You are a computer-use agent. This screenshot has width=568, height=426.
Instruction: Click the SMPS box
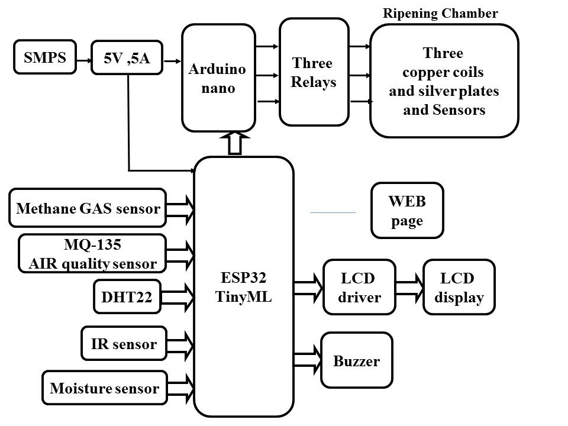(45, 57)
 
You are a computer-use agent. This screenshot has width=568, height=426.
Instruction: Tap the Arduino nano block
(219, 78)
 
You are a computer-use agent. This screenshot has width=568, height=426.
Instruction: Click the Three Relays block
(314, 72)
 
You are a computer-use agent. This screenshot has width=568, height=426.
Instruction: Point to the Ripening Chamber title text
(441, 14)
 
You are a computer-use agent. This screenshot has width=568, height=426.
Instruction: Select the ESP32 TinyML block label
(244, 288)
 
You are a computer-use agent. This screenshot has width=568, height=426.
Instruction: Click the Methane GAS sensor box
(88, 208)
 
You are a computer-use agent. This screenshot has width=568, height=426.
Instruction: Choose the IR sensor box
(124, 344)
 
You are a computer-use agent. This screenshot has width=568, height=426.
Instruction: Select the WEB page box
(406, 210)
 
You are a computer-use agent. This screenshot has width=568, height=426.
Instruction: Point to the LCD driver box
(359, 288)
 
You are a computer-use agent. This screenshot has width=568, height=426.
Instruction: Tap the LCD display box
(459, 288)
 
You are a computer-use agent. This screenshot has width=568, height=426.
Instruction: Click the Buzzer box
(357, 360)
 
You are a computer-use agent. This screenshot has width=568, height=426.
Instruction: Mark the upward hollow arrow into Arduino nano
(235, 143)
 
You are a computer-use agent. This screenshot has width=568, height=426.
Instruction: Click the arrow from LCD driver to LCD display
(410, 288)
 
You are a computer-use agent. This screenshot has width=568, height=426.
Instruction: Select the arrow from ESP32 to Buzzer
(307, 360)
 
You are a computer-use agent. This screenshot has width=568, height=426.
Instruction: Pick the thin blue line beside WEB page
(333, 211)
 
